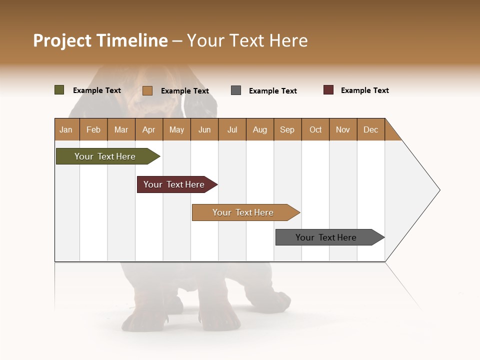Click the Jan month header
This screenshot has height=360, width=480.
point(66,129)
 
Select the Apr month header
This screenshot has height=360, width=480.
point(148,129)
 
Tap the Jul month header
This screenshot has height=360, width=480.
point(232,129)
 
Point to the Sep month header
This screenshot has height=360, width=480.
point(287,129)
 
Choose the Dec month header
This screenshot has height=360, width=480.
point(370,129)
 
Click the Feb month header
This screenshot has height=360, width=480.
point(93,129)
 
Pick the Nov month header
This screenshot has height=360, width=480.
point(342,129)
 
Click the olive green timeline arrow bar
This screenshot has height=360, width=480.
point(105,156)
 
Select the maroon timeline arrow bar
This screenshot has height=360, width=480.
point(174,184)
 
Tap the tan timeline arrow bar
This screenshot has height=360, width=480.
point(243,212)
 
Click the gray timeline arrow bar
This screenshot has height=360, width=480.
point(326,237)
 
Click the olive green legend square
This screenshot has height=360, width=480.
point(59,90)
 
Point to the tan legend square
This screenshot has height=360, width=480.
point(147,90)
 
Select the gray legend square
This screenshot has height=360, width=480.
point(236,90)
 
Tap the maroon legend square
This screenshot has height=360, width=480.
point(328,90)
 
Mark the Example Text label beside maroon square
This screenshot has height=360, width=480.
point(364,90)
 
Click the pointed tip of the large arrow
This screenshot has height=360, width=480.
point(438,190)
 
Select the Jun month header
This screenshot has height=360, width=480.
point(204,129)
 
